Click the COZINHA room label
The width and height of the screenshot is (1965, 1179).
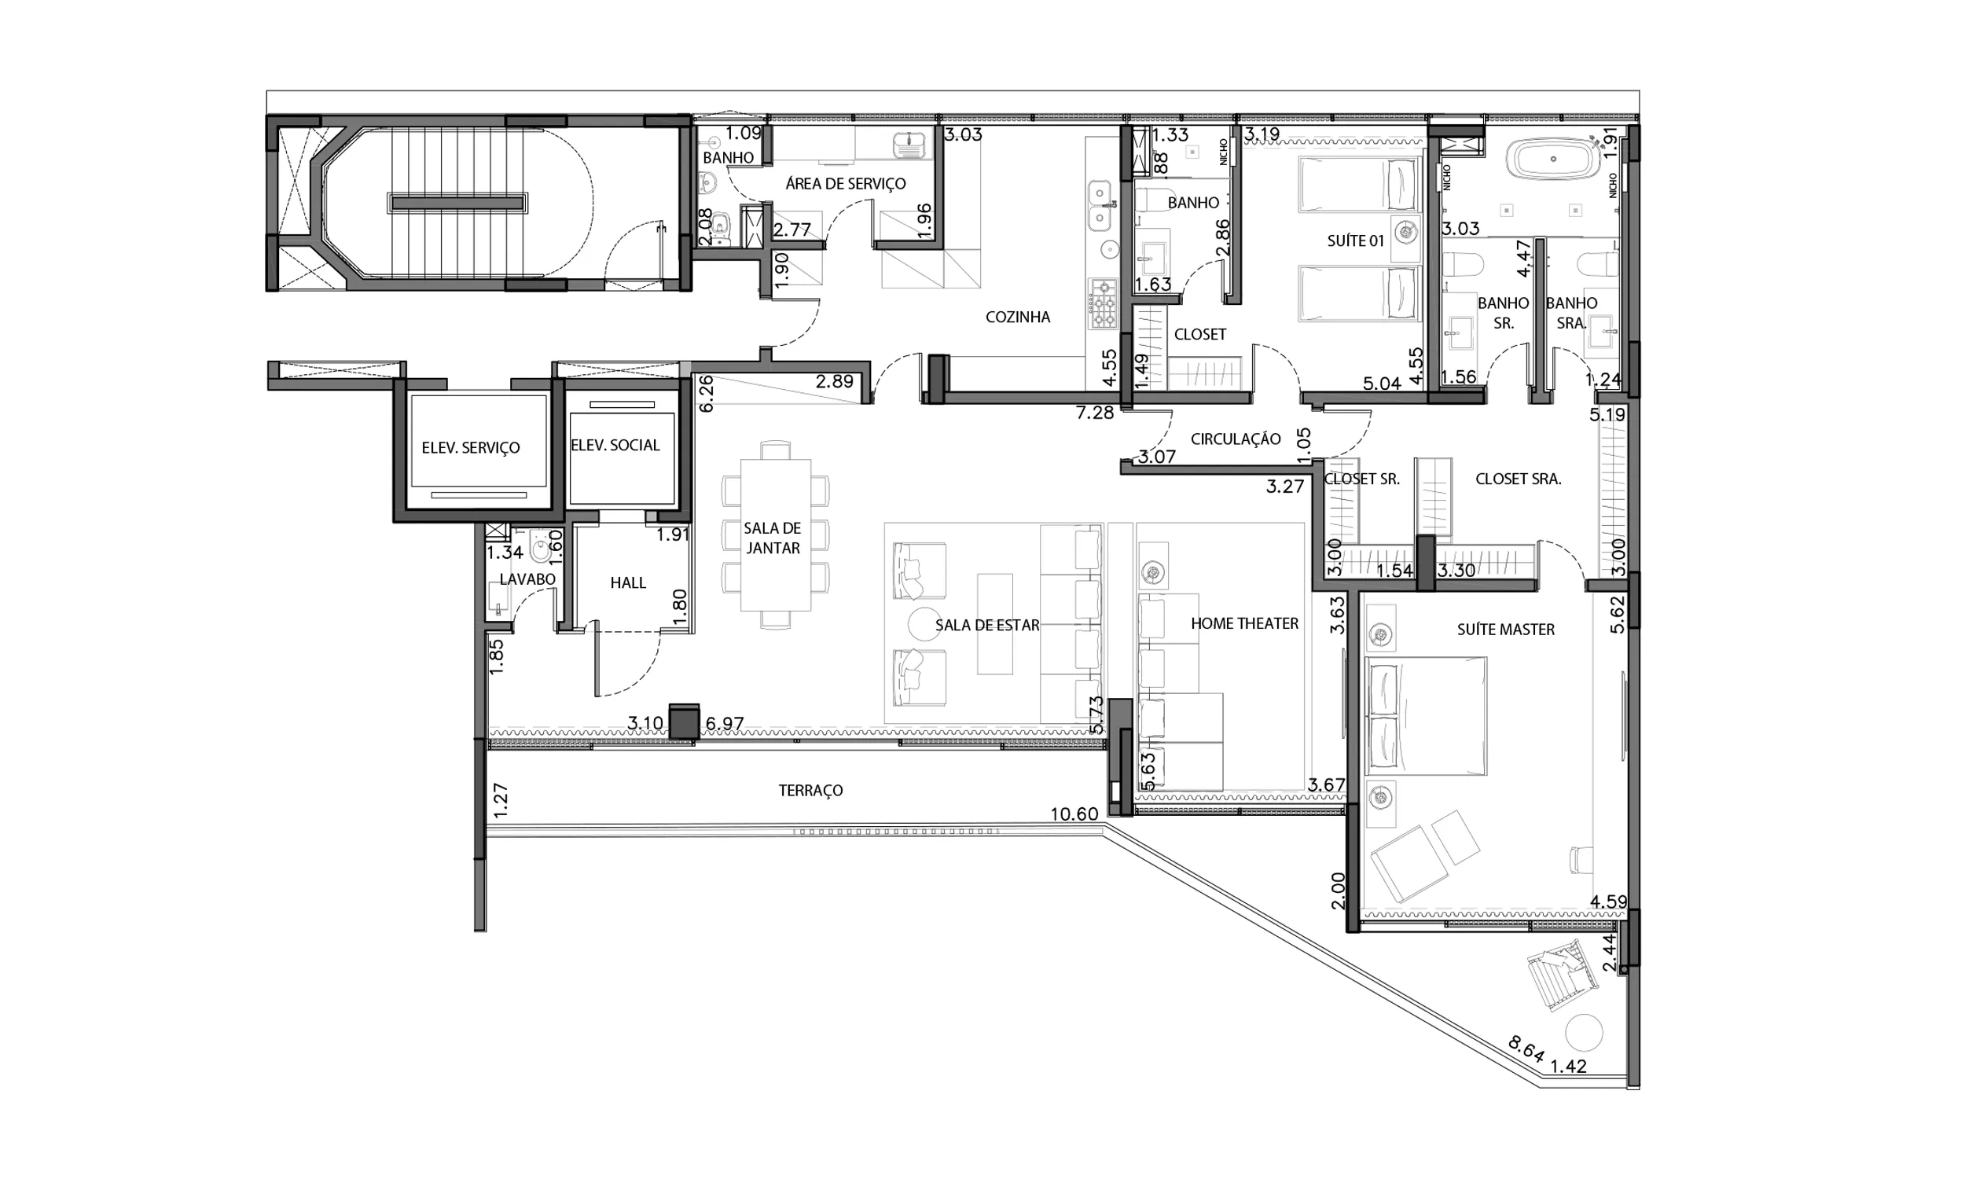pyautogui.click(x=1017, y=317)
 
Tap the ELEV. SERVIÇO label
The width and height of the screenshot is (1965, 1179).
pyautogui.click(x=470, y=448)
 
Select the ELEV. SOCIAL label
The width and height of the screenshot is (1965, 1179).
pyautogui.click(x=615, y=446)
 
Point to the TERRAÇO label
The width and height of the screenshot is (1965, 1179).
pyautogui.click(x=810, y=791)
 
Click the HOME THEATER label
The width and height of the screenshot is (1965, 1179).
pyautogui.click(x=1243, y=623)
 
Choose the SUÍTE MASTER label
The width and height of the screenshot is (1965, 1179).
pyautogui.click(x=1505, y=630)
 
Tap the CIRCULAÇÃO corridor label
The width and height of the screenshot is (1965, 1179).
pyautogui.click(x=1235, y=439)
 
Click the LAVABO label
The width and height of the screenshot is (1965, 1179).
pyautogui.click(x=527, y=579)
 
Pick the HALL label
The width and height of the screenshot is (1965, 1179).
pyautogui.click(x=627, y=582)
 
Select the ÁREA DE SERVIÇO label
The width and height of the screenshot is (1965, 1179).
pyautogui.click(x=845, y=183)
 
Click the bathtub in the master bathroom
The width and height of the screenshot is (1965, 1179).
pyautogui.click(x=1553, y=160)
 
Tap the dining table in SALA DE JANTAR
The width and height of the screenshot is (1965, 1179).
pyautogui.click(x=775, y=534)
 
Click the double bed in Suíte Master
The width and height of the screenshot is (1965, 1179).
pyautogui.click(x=1425, y=716)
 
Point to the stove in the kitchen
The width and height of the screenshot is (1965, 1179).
pyautogui.click(x=1103, y=303)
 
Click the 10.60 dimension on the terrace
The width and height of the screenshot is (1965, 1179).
pyautogui.click(x=1074, y=814)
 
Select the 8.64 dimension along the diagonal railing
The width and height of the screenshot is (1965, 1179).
pyautogui.click(x=1526, y=1049)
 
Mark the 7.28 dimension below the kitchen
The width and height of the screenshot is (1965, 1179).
pyautogui.click(x=1094, y=413)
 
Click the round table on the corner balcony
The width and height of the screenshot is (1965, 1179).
pyautogui.click(x=1584, y=1033)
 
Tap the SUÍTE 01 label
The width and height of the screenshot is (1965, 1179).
pyautogui.click(x=1355, y=241)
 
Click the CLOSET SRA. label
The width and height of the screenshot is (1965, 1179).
pyautogui.click(x=1518, y=479)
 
